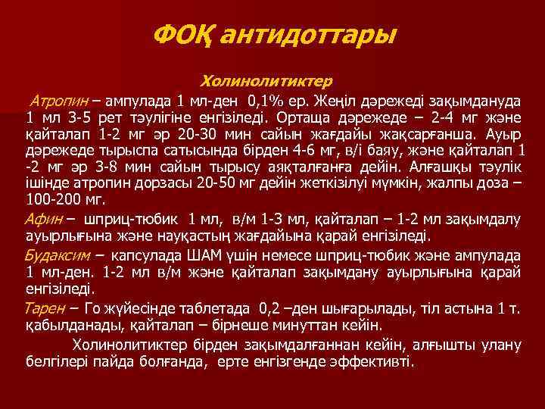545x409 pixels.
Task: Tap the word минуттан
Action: tap(293, 326)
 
